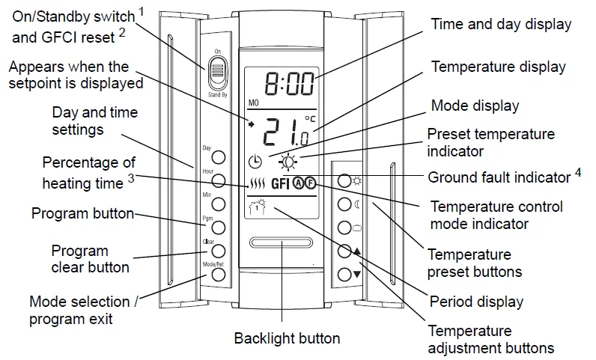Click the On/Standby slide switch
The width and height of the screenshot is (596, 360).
[216, 73]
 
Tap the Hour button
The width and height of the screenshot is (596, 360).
[219, 180]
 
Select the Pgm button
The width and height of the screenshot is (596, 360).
[219, 226]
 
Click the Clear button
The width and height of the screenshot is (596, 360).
[219, 251]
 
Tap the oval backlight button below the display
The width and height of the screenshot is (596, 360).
[282, 243]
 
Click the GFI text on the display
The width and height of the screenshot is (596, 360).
[281, 183]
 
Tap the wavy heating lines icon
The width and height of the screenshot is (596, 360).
[257, 183]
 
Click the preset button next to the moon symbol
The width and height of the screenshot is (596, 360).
[344, 204]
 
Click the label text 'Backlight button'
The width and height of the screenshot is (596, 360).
[287, 338]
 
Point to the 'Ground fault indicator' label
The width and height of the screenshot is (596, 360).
[499, 177]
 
